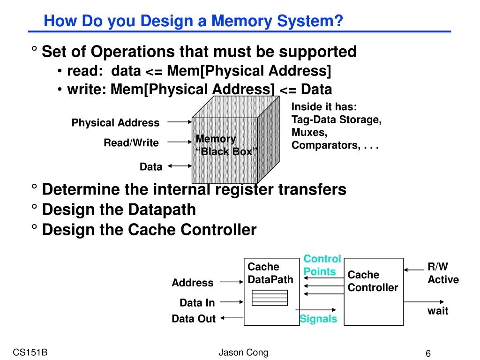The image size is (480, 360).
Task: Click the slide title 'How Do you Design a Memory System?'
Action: click(193, 21)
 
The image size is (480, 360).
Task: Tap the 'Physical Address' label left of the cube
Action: click(115, 123)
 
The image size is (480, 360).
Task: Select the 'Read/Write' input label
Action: click(131, 142)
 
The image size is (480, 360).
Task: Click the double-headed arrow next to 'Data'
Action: click(180, 166)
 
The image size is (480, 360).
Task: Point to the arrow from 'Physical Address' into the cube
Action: click(180, 122)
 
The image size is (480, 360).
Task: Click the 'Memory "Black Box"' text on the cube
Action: click(226, 145)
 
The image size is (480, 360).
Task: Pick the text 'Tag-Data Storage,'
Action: click(337, 120)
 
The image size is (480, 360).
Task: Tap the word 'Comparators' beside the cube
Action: click(326, 145)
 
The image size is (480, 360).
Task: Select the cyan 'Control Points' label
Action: click(322, 265)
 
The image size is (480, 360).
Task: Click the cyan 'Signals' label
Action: click(318, 319)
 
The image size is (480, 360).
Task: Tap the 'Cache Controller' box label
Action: click(373, 281)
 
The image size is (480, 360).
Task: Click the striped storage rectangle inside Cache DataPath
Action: click(270, 298)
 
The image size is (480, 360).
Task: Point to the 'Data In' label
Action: click(197, 303)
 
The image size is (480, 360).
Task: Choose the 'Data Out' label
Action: click(194, 319)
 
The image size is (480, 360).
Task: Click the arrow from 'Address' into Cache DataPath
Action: click(232, 282)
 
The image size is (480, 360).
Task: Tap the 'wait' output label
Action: click(438, 311)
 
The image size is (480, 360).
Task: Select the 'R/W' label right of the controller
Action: click(438, 267)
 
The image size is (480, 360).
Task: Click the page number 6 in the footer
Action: click(428, 353)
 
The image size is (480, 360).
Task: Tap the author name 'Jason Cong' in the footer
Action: click(243, 352)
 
